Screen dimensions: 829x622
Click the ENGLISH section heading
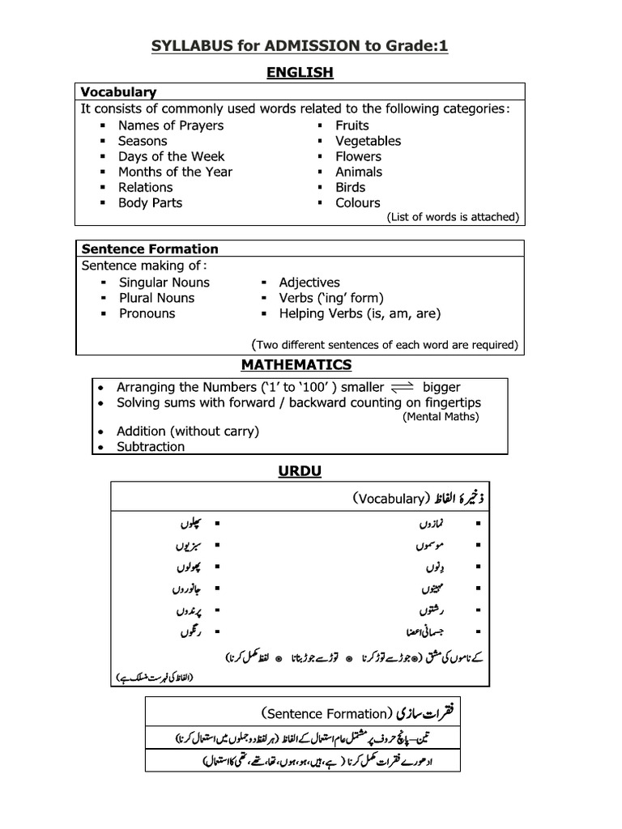(300, 73)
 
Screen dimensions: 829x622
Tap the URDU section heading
(300, 470)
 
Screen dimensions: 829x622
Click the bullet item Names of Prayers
(170, 125)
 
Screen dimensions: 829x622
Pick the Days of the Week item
(171, 156)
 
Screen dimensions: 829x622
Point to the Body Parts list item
(150, 202)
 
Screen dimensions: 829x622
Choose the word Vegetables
(368, 141)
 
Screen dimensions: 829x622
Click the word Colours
(357, 202)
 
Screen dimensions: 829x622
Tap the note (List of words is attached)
(453, 217)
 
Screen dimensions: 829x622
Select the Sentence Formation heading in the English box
(148, 249)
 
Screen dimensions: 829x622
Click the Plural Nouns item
(156, 298)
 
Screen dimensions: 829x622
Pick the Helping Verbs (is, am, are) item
(360, 313)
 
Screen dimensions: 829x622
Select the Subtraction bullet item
(150, 446)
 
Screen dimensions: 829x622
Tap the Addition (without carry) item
(187, 432)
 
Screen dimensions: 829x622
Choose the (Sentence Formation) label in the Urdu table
(326, 713)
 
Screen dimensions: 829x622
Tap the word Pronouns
(147, 313)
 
